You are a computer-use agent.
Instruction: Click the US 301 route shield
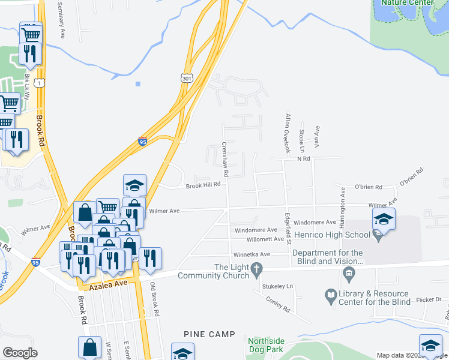186,77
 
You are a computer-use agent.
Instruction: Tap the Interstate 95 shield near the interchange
142,142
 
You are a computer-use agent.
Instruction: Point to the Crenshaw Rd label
225,159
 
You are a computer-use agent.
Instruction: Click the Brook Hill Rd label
203,185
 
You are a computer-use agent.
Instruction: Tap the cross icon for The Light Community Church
257,268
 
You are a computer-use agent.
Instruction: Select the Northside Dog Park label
267,345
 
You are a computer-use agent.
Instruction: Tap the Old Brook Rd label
154,299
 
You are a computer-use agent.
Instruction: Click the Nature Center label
412,3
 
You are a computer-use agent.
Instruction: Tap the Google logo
20,353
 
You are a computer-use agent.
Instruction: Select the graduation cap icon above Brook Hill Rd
135,185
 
